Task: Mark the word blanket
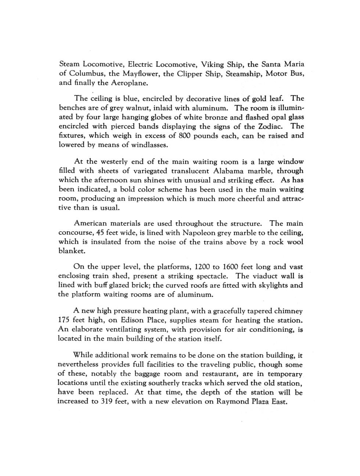point(72,251)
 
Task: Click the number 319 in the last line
point(109,401)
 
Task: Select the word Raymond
point(233,401)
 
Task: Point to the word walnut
point(130,108)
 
